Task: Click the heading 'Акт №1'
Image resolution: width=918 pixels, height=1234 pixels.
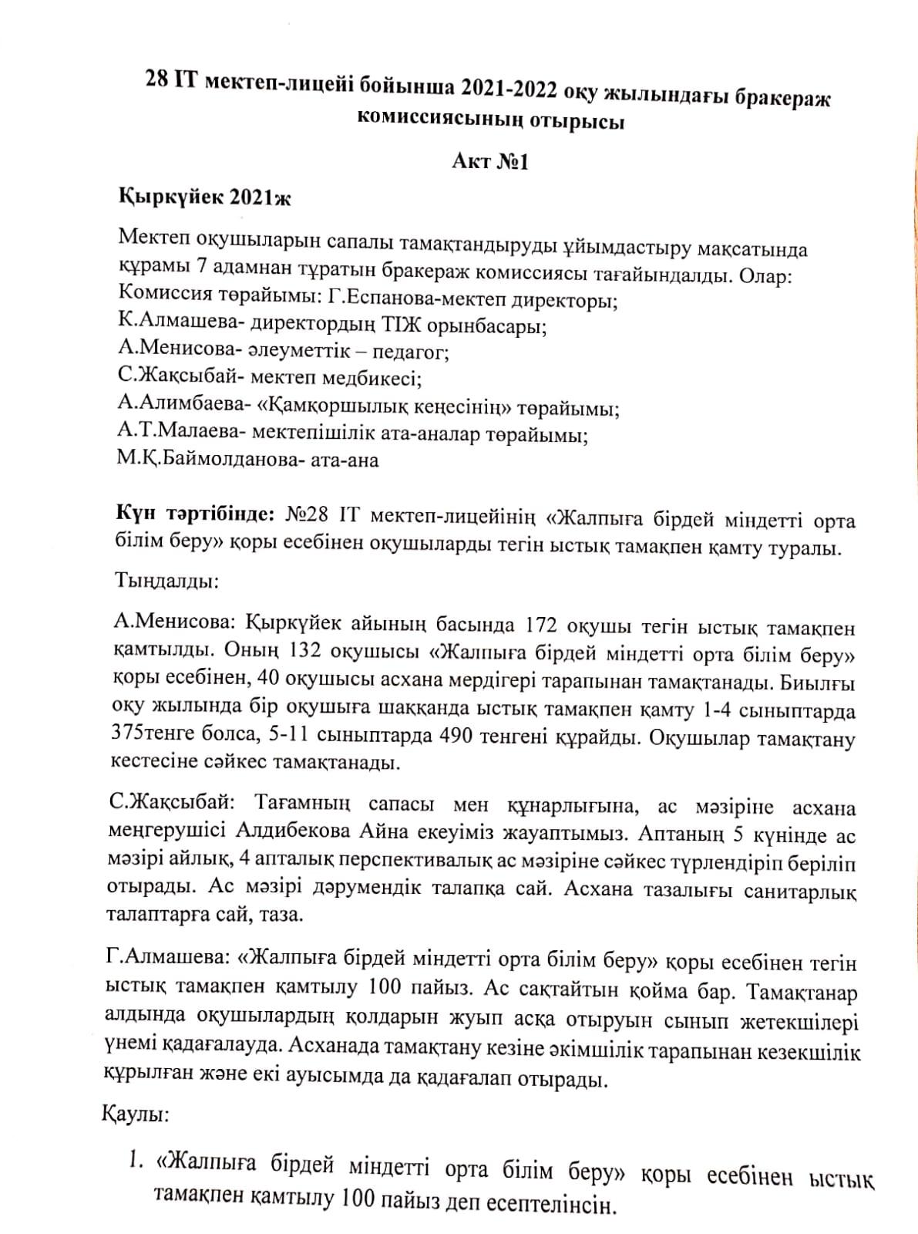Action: click(x=489, y=163)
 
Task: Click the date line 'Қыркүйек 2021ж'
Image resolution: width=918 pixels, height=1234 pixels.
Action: click(x=204, y=197)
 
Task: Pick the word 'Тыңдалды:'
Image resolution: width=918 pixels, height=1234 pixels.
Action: click(x=166, y=580)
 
